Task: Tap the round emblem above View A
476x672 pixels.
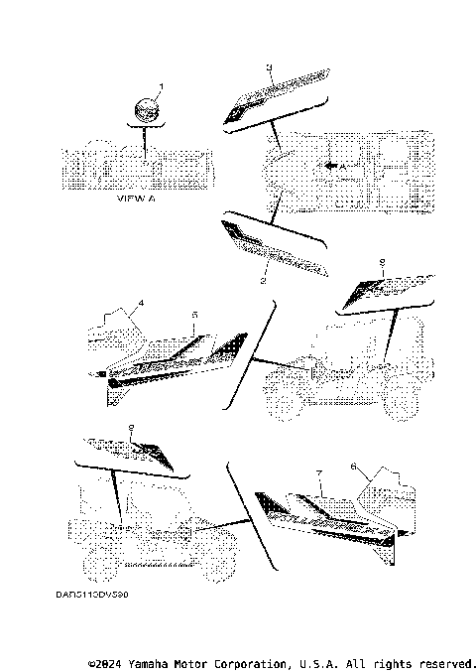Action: coord(146,110)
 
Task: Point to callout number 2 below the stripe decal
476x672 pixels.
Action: coord(263,283)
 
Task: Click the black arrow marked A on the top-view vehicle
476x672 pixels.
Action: coord(337,169)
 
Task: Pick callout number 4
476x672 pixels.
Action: coord(142,302)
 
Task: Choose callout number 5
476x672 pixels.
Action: coord(194,315)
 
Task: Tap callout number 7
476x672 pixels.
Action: coord(318,475)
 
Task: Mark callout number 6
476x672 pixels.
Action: coord(352,466)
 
